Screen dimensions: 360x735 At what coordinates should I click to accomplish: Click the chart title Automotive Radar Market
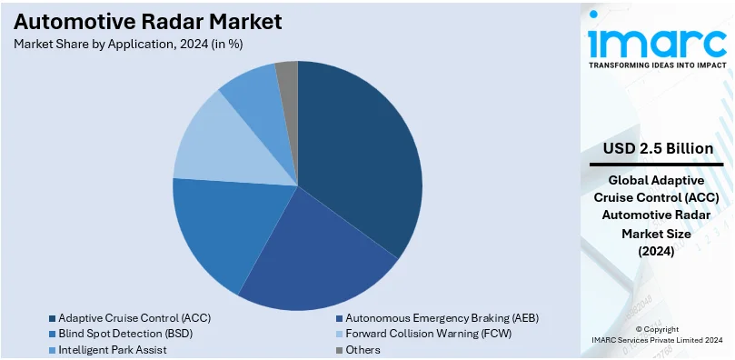tap(147, 21)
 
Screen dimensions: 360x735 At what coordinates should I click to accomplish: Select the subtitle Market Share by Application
tap(128, 43)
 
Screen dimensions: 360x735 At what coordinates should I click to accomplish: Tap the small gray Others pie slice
tap(287, 77)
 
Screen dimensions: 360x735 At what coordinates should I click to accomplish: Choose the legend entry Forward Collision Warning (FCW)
tap(429, 333)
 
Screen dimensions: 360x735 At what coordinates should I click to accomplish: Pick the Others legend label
tap(363, 348)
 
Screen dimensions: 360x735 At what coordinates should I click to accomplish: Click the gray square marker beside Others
tap(339, 349)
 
